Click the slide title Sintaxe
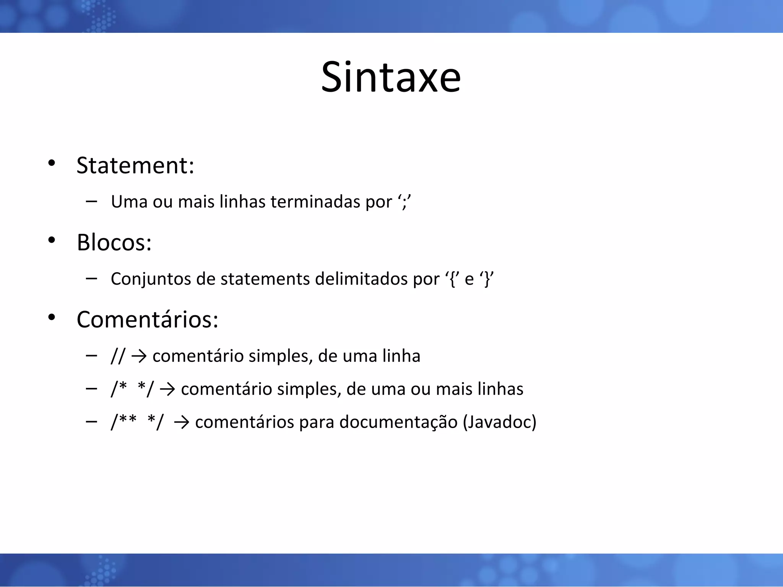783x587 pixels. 391,77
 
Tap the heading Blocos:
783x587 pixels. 114,242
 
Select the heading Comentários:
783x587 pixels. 147,319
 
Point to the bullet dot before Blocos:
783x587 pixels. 52,240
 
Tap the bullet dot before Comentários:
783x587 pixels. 52,318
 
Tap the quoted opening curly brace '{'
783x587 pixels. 453,279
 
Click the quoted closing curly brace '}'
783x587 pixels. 487,279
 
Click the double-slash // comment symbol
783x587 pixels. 118,356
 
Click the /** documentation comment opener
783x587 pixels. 123,422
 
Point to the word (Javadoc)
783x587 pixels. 499,422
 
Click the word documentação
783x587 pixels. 398,422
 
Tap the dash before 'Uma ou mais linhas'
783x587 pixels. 91,201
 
